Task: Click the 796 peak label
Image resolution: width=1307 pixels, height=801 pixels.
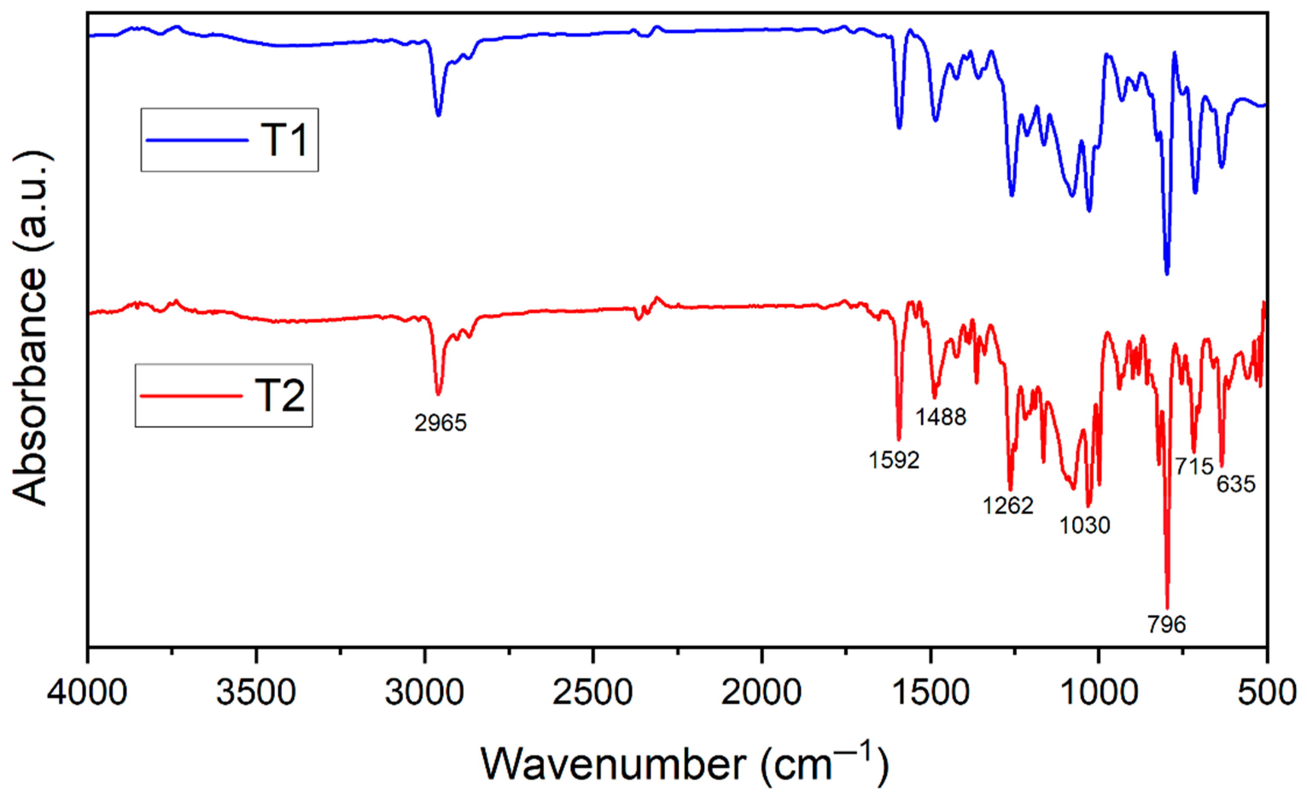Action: pyautogui.click(x=1167, y=624)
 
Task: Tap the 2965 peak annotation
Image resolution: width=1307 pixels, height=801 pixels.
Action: pyautogui.click(x=440, y=423)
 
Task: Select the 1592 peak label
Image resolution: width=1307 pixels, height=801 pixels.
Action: pyautogui.click(x=894, y=460)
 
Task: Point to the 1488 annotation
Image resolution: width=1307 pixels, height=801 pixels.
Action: pyautogui.click(x=941, y=417)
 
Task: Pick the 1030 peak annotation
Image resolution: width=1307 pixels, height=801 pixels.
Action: pyautogui.click(x=1085, y=526)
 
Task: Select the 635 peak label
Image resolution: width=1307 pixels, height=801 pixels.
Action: pyautogui.click(x=1236, y=484)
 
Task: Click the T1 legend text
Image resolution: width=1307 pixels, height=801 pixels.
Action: pyautogui.click(x=284, y=140)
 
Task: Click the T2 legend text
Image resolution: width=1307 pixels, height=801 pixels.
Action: pyautogui.click(x=280, y=396)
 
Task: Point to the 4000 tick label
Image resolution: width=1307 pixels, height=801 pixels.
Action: pyautogui.click(x=88, y=693)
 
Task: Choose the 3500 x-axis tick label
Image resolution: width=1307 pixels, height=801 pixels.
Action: pyautogui.click(x=256, y=693)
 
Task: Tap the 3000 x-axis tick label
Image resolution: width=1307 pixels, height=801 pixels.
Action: pyautogui.click(x=424, y=693)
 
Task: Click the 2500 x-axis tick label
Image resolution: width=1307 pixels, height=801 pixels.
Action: pyautogui.click(x=592, y=693)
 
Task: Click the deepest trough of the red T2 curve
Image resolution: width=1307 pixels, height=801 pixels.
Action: pyautogui.click(x=1167, y=607)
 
